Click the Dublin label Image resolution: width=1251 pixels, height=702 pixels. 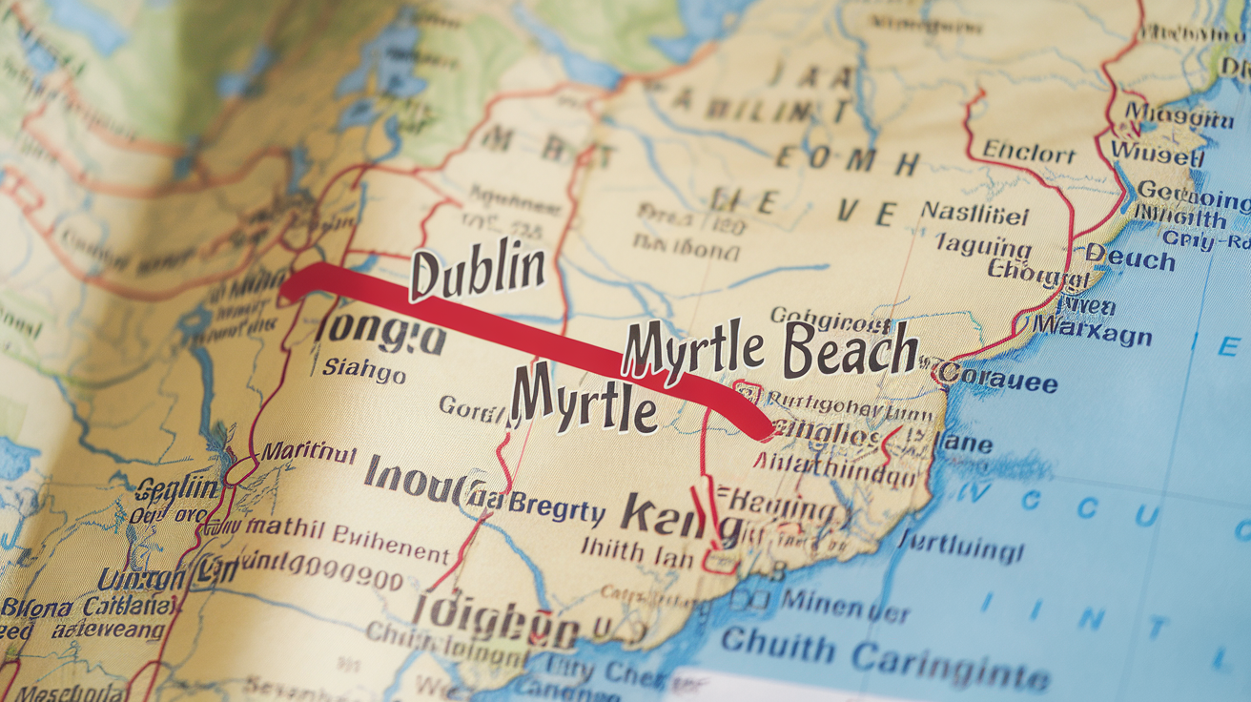[477, 271]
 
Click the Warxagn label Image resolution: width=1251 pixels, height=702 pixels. [1092, 334]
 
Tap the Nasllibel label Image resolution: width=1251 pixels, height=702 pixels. [974, 215]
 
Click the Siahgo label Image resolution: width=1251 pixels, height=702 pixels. [363, 370]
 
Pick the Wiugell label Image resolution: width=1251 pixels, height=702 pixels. [1156, 154]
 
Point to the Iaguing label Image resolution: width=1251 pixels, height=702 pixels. [982, 246]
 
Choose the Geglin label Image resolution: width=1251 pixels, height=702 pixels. [176, 489]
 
